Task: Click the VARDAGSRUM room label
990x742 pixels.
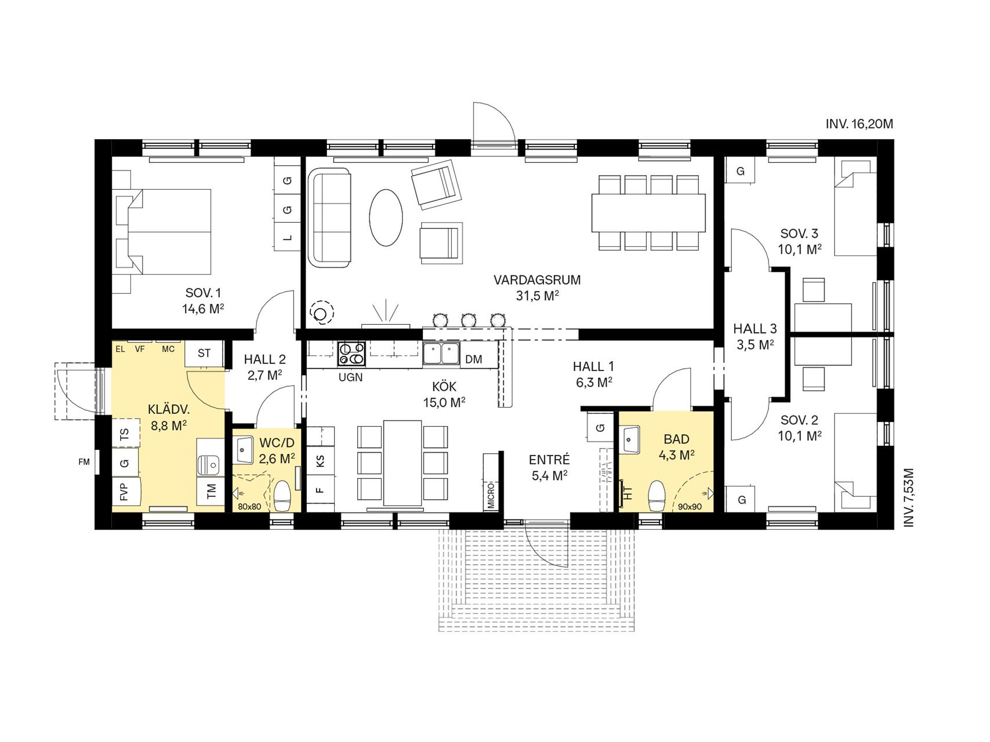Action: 537,280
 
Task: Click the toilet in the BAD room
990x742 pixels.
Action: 657,496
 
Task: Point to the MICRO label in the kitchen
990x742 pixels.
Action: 491,494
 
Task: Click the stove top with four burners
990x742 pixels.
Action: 352,354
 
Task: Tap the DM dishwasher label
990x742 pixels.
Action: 474,359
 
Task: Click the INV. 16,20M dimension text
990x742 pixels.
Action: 859,124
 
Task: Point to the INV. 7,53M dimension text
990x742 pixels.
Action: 908,497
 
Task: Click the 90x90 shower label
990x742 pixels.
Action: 690,506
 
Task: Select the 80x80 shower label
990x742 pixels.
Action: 249,506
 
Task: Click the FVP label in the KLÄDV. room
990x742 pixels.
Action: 124,492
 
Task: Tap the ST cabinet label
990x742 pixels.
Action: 204,353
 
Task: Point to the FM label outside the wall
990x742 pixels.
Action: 85,462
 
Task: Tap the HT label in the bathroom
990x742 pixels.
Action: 628,493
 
